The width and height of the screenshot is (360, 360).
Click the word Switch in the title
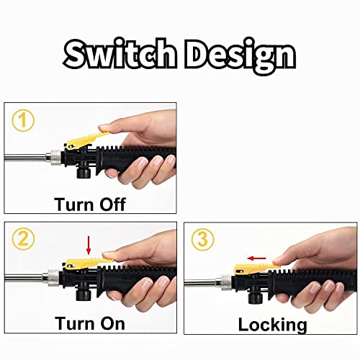point(122,54)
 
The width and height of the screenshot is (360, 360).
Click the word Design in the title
point(240,54)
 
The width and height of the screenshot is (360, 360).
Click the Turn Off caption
point(90,204)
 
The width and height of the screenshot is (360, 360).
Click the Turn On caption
point(90,323)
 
